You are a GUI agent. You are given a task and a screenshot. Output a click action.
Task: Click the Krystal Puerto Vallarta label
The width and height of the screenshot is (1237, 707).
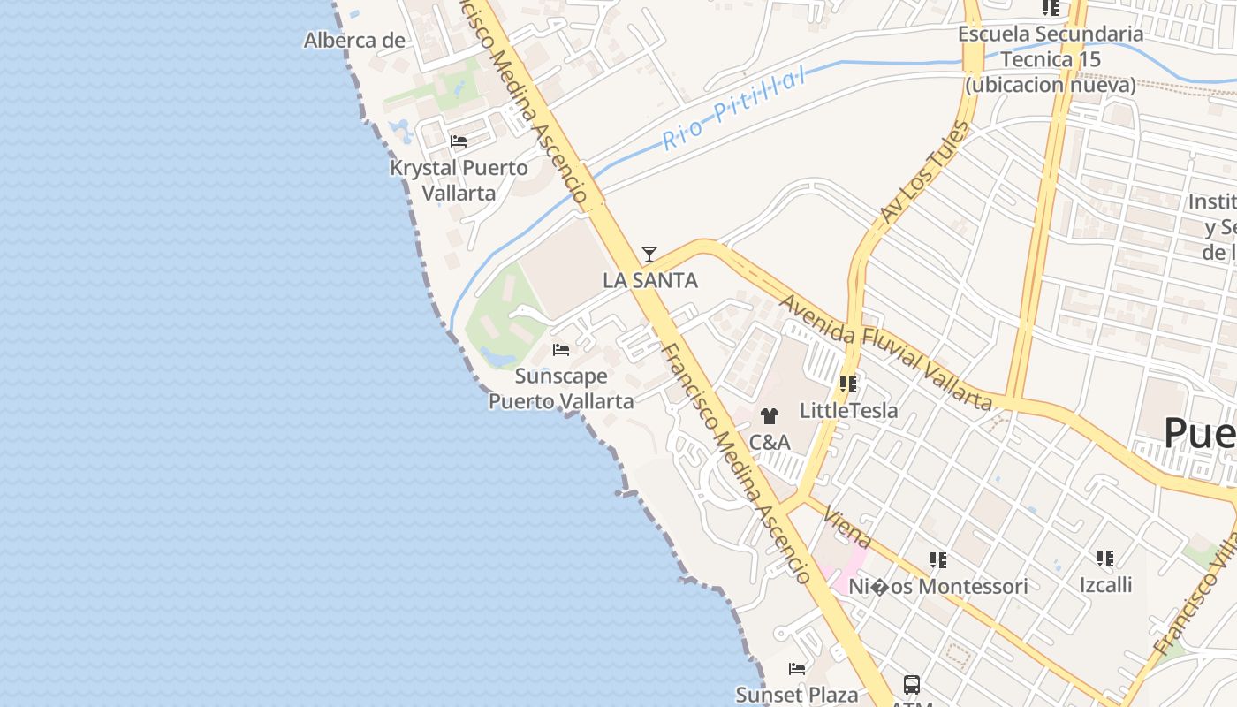point(459,179)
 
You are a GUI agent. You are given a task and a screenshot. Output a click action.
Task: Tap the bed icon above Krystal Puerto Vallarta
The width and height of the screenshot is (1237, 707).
point(458,141)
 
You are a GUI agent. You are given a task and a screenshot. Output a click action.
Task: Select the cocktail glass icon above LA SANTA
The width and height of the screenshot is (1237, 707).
point(649,255)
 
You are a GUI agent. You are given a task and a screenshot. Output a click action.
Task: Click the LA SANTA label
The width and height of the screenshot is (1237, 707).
point(649,281)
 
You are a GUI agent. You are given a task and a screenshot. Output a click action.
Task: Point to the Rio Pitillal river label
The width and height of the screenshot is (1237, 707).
point(735,110)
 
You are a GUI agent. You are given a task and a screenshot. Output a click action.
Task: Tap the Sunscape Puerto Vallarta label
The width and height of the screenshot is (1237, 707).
point(561,388)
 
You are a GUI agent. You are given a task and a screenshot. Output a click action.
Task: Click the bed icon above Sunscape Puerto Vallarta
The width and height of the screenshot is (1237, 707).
point(560,350)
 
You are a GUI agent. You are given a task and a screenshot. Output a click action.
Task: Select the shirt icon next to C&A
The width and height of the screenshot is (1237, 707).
point(769,416)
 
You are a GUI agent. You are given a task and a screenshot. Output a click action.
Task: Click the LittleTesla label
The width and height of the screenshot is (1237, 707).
point(848,410)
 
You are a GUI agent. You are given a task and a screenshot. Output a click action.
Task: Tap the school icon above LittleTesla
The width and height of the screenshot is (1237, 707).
point(848,384)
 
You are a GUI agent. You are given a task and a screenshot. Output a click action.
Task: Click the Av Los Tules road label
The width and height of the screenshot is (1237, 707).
point(924,172)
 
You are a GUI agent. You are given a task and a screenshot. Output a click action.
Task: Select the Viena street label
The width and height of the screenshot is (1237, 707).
point(852,528)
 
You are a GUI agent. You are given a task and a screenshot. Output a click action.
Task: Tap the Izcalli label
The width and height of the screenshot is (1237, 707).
point(1105,584)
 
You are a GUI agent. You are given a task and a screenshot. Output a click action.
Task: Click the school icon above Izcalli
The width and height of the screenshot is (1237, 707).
point(1105,559)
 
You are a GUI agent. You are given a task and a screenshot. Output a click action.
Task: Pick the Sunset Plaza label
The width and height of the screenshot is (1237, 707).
point(796,695)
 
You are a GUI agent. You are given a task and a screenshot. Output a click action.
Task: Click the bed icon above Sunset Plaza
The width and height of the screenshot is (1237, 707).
point(797,669)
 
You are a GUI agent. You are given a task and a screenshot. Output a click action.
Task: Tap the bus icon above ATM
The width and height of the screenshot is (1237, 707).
point(911,684)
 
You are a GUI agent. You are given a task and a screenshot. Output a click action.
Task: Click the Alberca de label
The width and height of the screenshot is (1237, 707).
point(354,40)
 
